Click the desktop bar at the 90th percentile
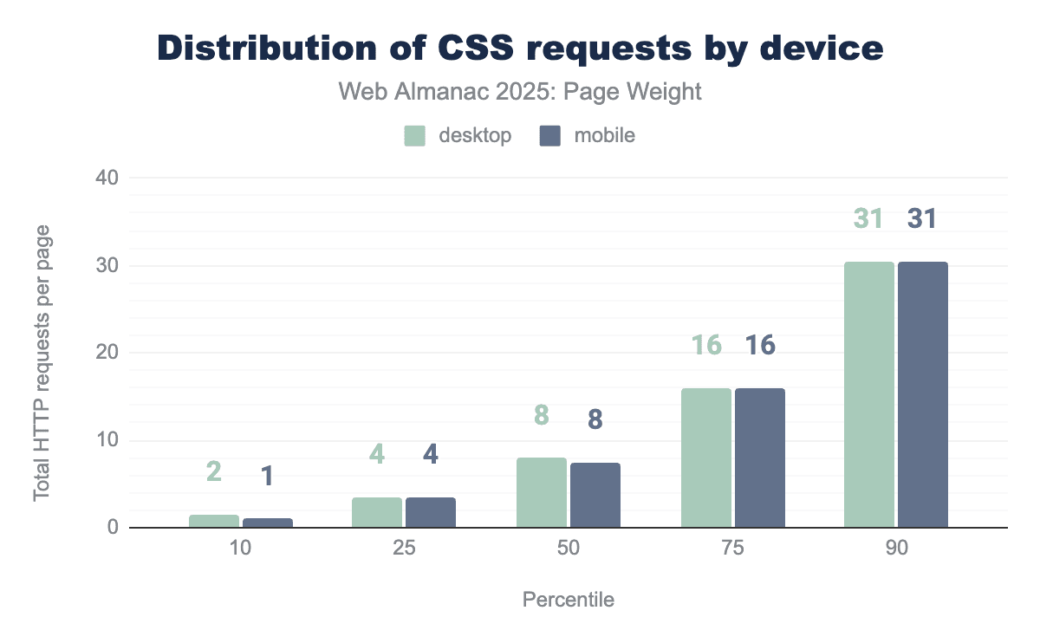pos(868,394)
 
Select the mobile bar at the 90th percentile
pos(923,394)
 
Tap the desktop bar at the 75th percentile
pos(705,458)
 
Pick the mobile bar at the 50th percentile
pos(595,495)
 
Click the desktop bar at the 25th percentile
pos(377,512)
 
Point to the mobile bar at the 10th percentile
pos(268,523)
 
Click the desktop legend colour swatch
pos(415,136)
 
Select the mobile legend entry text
pos(604,136)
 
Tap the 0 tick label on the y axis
pos(112,528)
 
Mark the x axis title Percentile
pos(569,600)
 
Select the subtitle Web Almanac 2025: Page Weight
pos(520,92)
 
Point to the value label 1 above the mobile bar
pos(269,475)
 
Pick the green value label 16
pos(706,345)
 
